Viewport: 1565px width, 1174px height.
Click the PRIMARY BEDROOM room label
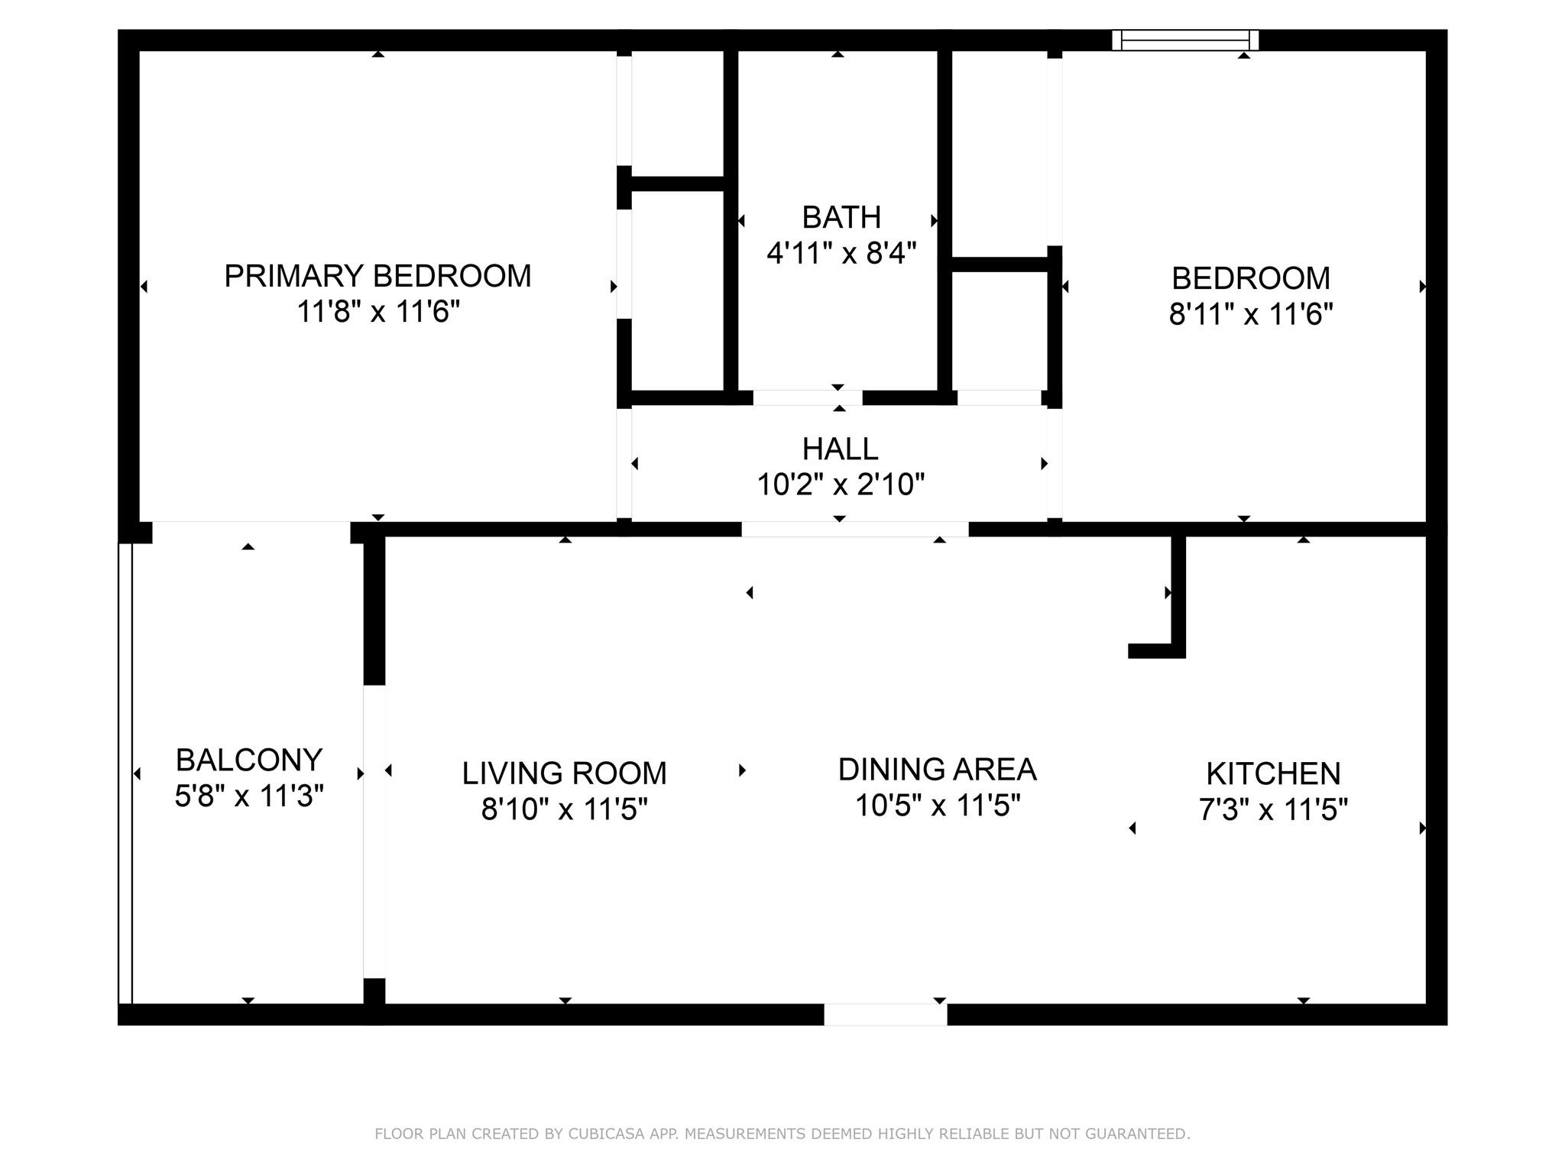pyautogui.click(x=377, y=276)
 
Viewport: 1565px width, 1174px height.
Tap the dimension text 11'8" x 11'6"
pyautogui.click(x=377, y=312)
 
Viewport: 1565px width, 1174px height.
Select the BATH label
pyautogui.click(x=841, y=218)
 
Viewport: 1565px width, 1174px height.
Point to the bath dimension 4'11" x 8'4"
pyautogui.click(x=841, y=252)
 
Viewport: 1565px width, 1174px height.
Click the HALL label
pyautogui.click(x=840, y=449)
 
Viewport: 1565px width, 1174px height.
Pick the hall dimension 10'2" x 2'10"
pyautogui.click(x=840, y=485)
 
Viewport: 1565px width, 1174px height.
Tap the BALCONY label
pyautogui.click(x=248, y=761)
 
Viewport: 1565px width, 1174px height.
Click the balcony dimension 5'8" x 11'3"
pyautogui.click(x=248, y=796)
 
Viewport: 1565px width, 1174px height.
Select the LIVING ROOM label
pyautogui.click(x=564, y=773)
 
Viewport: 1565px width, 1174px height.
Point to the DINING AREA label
pyautogui.click(x=937, y=770)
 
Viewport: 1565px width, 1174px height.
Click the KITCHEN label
pyautogui.click(x=1273, y=774)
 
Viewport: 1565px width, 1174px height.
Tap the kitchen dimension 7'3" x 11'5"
pyautogui.click(x=1273, y=809)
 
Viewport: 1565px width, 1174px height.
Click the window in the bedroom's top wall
pyautogui.click(x=1184, y=40)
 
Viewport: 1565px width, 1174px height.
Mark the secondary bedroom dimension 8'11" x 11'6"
pyautogui.click(x=1250, y=314)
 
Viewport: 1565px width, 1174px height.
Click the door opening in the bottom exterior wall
pyautogui.click(x=885, y=1014)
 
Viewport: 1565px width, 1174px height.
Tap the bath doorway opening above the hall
pyautogui.click(x=807, y=397)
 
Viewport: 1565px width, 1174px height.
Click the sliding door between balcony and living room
pyautogui.click(x=374, y=831)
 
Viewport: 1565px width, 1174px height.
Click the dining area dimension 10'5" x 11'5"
pyautogui.click(x=937, y=806)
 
